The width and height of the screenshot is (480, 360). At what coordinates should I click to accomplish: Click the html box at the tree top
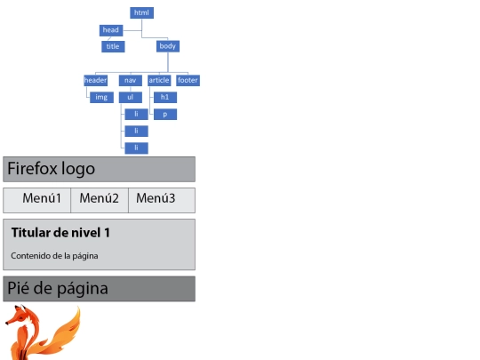pos(141,12)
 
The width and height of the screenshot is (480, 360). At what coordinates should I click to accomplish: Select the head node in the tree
pos(111,30)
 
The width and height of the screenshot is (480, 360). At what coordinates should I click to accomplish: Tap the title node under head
pos(113,46)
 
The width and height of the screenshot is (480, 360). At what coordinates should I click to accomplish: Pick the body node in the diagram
pos(168,46)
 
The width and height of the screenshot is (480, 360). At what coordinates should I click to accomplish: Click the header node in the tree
pos(95,81)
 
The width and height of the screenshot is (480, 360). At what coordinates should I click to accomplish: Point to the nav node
pos(131,81)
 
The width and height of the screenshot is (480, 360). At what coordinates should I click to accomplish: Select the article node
pos(159,81)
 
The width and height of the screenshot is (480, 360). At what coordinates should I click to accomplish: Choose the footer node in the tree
pos(188,81)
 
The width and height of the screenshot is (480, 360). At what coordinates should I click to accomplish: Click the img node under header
pos(101,98)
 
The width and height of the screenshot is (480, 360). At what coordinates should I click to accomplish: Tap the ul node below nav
pos(131,98)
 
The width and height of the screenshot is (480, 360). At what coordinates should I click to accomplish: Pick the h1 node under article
pos(165,98)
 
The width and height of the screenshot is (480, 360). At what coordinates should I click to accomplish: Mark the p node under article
pos(165,114)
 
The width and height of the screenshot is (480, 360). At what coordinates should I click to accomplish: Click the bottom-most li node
pos(137,148)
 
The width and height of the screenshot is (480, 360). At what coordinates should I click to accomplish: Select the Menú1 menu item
pos(42,198)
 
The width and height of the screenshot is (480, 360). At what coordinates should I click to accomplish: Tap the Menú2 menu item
pos(100,198)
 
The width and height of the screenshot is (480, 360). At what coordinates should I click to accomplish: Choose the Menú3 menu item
pos(156,198)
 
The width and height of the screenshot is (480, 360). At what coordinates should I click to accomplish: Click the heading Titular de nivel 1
pos(60,233)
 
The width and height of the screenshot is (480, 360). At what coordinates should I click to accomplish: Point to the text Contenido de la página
pos(54,256)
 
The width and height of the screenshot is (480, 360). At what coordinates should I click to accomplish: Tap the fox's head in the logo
pos(19,316)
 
